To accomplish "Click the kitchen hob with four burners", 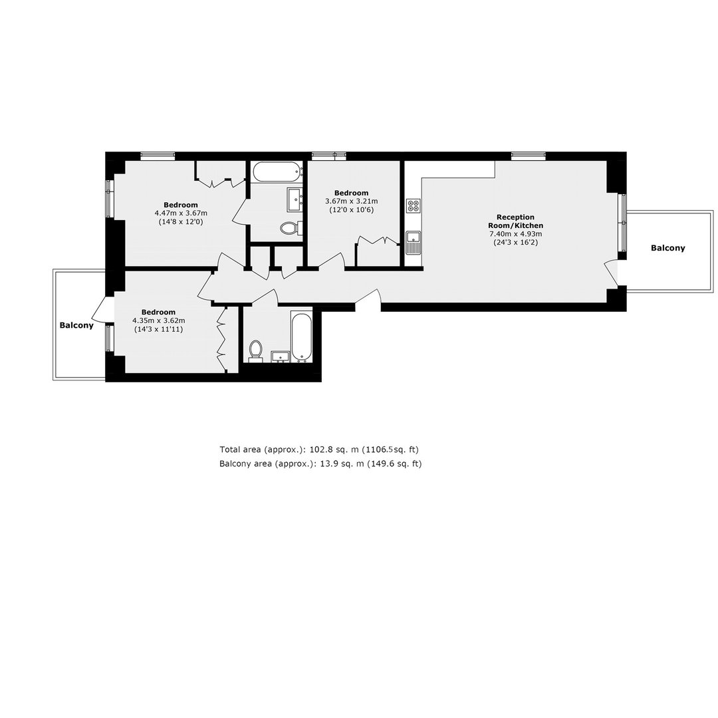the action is [414, 205].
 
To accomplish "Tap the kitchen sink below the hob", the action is [414, 243].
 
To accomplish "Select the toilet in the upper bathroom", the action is [291, 227].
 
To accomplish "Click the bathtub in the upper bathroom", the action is [278, 172].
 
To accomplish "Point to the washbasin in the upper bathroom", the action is [295, 199].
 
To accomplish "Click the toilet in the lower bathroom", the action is [255, 350].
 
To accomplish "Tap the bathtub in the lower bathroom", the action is [301, 337].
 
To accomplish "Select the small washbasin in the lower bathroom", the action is [281, 356].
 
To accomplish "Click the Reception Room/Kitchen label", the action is [516, 221].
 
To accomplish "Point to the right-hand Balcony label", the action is [668, 248].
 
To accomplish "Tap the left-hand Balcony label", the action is [76, 325].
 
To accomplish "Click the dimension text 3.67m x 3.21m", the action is [351, 201].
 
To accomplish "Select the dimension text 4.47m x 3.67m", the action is [181, 213].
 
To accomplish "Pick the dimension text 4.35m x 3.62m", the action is [158, 320].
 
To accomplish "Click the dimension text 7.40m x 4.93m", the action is [516, 234].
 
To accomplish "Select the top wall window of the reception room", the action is [529, 156].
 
